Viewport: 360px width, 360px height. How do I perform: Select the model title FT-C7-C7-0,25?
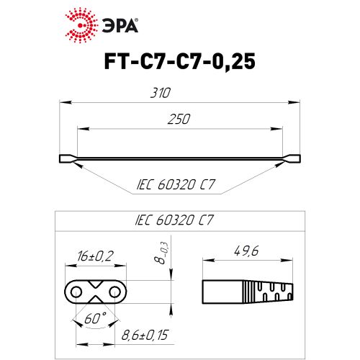pyautogui.click(x=179, y=63)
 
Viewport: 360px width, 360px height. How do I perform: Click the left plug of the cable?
pyautogui.click(x=66, y=158)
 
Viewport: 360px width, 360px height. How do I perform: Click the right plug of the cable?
pyautogui.click(x=294, y=158)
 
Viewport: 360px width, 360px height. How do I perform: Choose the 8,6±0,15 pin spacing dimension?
pyautogui.click(x=143, y=334)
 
